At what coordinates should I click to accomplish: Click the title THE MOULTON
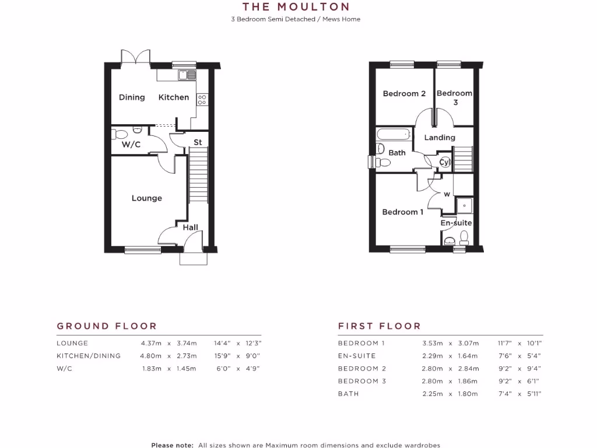click(296, 7)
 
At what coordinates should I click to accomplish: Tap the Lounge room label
click(146, 198)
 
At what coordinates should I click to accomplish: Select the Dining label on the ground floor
click(132, 97)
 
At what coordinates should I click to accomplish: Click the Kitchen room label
click(174, 97)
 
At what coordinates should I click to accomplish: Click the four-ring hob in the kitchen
click(202, 99)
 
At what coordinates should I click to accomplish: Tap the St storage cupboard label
click(198, 142)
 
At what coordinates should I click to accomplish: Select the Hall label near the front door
click(191, 228)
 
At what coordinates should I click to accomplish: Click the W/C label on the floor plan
click(131, 145)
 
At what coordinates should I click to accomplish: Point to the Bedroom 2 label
click(404, 93)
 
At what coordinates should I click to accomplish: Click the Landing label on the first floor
click(440, 138)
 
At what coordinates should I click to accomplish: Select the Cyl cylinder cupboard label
click(445, 163)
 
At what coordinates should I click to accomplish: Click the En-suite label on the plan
click(456, 223)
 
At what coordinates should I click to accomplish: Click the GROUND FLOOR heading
click(107, 326)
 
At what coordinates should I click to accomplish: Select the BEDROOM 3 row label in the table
click(361, 381)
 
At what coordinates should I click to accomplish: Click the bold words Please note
click(172, 445)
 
